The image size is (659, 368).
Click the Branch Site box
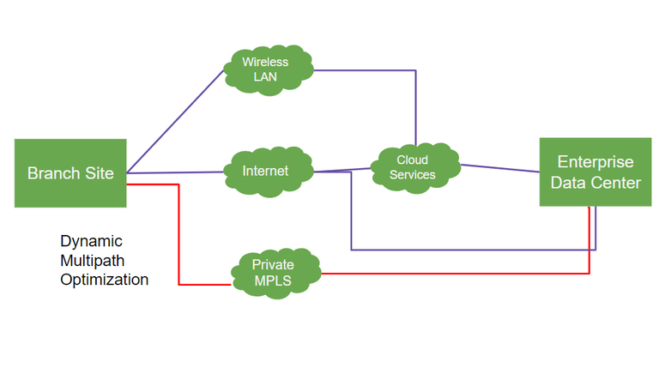pos(70,172)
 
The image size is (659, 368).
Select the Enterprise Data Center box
pos(596,172)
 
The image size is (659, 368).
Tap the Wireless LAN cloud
pos(265,69)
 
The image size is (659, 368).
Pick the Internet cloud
pos(265,171)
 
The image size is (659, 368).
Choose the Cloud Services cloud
pos(413,167)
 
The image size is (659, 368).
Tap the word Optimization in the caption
pos(105,280)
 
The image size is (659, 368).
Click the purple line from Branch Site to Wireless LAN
pos(175,121)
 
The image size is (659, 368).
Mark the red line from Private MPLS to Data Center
pos(455,274)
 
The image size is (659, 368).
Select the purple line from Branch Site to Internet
pos(176,172)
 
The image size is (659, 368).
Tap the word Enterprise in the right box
pos(596,162)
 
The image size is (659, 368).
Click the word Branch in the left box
pos(48,172)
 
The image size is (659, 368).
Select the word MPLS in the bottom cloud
pos(273,281)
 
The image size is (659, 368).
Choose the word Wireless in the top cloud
pos(265,62)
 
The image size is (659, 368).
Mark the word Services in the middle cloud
pos(413,175)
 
